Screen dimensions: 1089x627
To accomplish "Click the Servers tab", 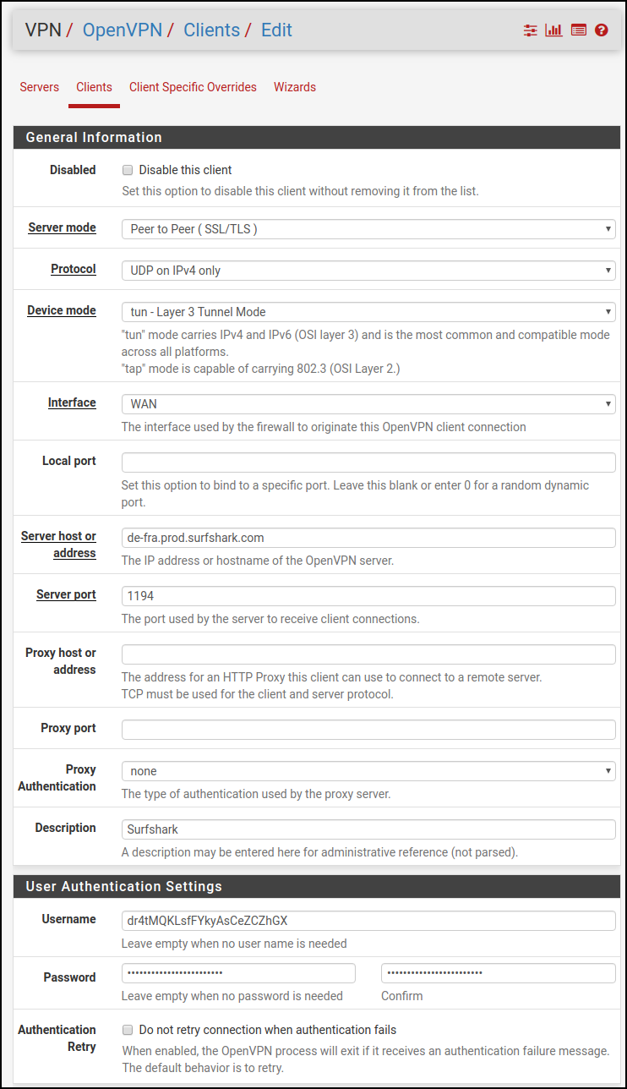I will [40, 87].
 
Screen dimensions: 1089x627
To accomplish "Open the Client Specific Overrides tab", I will [193, 87].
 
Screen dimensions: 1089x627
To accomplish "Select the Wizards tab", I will [294, 87].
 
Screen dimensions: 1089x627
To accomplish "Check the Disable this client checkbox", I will [128, 170].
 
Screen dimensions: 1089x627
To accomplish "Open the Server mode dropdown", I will [368, 229].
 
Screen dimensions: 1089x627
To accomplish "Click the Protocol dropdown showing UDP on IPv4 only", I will [368, 271].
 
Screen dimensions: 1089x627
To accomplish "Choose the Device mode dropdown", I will [368, 312].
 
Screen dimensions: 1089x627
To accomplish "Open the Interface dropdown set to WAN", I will [368, 404].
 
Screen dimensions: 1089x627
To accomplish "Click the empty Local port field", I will [368, 462].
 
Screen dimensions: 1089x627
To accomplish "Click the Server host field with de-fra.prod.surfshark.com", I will [368, 538].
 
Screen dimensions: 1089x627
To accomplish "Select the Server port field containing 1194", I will [368, 596].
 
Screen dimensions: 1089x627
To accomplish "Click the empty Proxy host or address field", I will [368, 654].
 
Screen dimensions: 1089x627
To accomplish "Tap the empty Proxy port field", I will [368, 730].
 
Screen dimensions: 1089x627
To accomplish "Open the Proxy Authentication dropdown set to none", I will [368, 771].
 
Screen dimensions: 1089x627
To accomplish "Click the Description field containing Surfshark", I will [368, 829].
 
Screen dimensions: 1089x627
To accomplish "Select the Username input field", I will [368, 921].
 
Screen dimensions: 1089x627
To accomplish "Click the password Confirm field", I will [498, 973].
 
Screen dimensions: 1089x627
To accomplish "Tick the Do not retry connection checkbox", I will [128, 1030].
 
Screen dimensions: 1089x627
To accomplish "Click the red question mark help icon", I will [602, 30].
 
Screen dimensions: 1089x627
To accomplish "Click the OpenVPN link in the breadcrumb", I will [122, 30].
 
